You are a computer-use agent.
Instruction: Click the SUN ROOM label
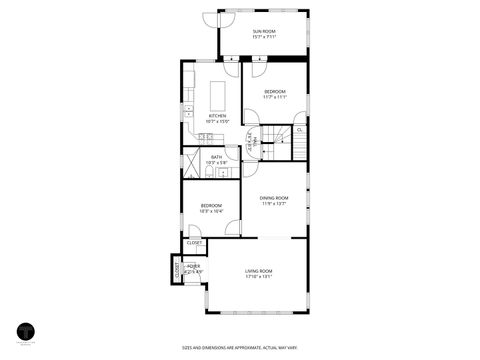click(264, 33)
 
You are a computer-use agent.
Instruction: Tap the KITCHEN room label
click(217, 116)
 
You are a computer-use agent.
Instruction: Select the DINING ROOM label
click(274, 198)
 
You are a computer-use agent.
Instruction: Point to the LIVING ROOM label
click(259, 271)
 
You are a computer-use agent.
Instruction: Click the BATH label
click(217, 157)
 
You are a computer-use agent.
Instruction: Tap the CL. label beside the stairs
click(300, 129)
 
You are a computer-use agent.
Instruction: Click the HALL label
click(254, 140)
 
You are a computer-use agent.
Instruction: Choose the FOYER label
click(192, 266)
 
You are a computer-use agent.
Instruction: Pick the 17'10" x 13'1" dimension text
click(259, 277)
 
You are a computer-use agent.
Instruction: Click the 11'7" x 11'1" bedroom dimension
click(275, 97)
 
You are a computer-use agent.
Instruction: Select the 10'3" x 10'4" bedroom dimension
click(211, 210)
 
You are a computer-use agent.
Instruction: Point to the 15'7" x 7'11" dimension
click(264, 39)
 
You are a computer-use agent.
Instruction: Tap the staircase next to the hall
click(279, 139)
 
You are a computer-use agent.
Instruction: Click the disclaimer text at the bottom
click(239, 348)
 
